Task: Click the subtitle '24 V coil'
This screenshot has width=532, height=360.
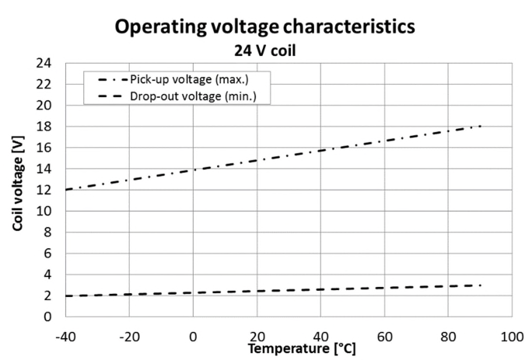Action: (265, 51)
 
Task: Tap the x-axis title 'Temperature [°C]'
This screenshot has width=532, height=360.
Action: (302, 350)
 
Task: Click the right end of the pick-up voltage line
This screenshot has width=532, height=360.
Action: (481, 126)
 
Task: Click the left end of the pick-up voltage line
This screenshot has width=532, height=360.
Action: (67, 190)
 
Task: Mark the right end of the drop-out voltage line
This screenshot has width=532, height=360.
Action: (481, 285)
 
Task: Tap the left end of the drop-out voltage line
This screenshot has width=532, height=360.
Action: (67, 295)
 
